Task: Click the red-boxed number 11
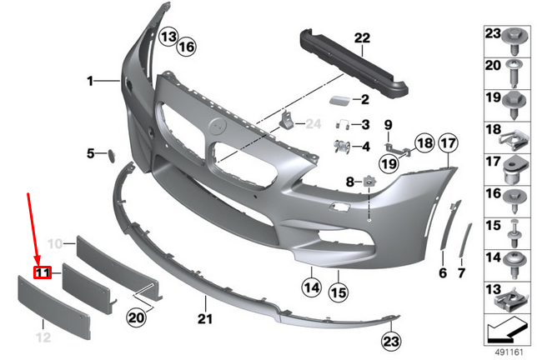click(x=43, y=272)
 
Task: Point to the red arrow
click(x=34, y=228)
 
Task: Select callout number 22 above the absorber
click(x=361, y=37)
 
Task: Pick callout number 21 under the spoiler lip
click(x=205, y=318)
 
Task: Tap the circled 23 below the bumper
click(x=392, y=340)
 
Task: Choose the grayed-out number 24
click(x=313, y=124)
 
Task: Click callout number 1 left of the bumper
click(x=90, y=81)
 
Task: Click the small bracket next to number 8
click(x=367, y=179)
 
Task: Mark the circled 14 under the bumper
click(x=312, y=289)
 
